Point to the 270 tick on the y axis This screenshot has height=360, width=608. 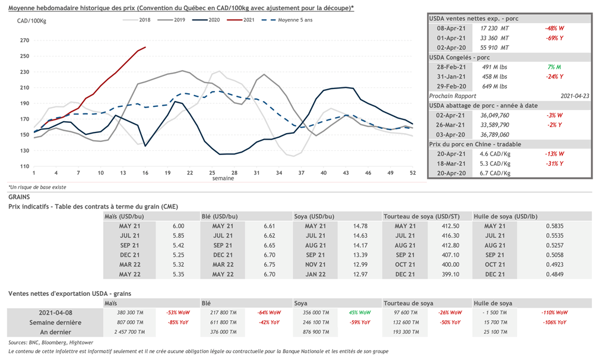click(24, 40)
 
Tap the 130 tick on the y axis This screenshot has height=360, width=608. click(24, 150)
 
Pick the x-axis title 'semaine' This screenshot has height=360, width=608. click(223, 178)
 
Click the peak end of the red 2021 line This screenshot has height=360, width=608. click(145, 47)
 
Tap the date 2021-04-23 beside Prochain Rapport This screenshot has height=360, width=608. click(574, 96)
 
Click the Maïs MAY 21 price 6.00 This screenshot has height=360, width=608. click(178, 226)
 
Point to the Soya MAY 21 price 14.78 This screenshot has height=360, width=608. click(360, 226)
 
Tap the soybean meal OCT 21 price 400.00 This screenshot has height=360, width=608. click(449, 264)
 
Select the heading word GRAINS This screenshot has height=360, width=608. click(20, 196)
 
